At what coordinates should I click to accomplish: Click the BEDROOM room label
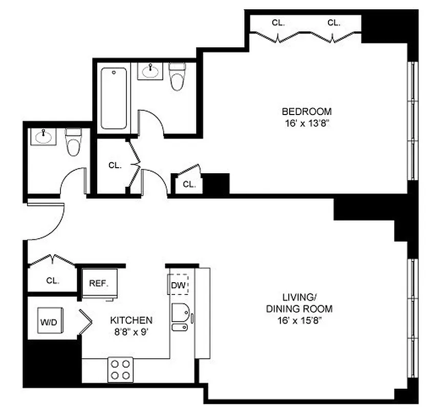tap(307, 111)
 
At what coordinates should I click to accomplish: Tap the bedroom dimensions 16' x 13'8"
tap(307, 123)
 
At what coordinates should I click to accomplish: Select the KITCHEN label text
tap(131, 321)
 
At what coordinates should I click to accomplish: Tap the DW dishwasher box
tap(178, 285)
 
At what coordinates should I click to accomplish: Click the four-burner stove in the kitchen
tap(120, 369)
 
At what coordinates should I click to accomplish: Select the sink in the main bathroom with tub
tap(150, 71)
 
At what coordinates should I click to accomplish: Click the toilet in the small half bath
tap(73, 142)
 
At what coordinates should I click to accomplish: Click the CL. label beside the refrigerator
tap(53, 281)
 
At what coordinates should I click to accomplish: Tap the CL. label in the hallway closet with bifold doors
tap(115, 165)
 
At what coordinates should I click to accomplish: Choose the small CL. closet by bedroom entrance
tap(189, 185)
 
